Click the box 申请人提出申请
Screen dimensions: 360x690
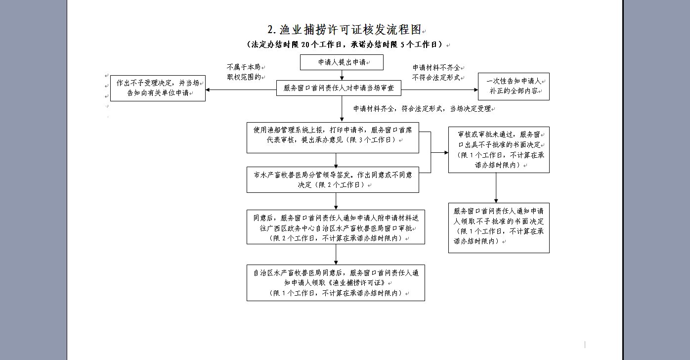click(x=342, y=63)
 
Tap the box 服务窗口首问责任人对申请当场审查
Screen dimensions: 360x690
click(x=339, y=89)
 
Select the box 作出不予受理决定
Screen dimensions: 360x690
click(x=158, y=88)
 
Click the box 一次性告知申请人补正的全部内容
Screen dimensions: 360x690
click(x=514, y=87)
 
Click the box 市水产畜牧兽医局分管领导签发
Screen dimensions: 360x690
click(x=333, y=180)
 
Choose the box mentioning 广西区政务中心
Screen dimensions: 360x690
click(x=336, y=227)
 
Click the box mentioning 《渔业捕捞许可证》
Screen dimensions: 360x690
click(x=336, y=282)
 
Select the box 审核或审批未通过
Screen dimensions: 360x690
click(x=499, y=149)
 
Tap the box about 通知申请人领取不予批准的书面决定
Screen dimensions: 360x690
click(x=499, y=227)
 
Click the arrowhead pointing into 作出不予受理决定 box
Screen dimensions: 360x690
click(x=209, y=90)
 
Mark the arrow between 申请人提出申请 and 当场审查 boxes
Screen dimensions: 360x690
click(x=342, y=75)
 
